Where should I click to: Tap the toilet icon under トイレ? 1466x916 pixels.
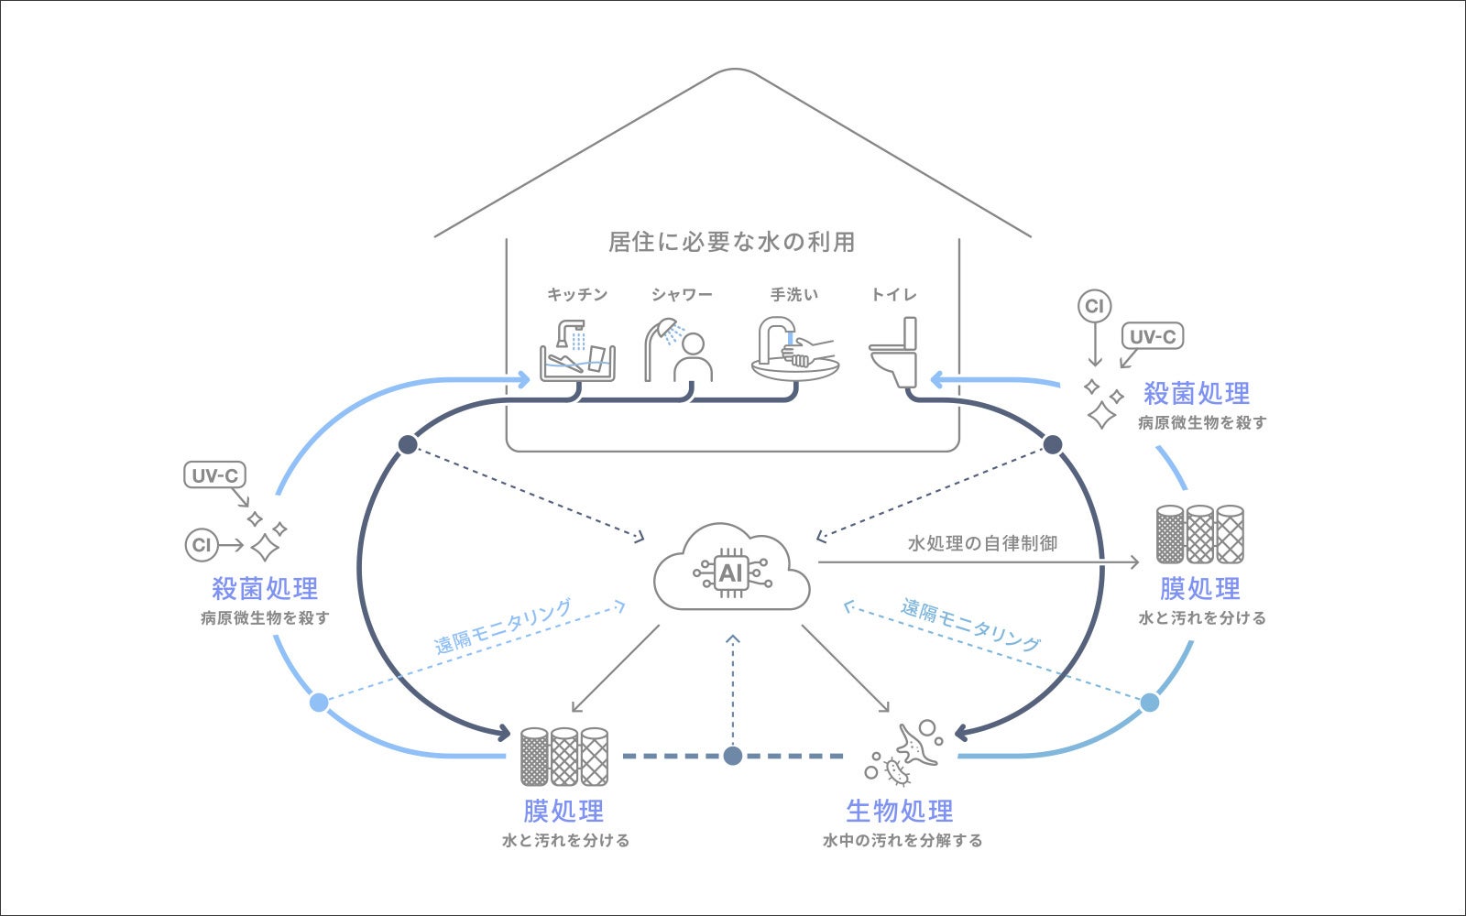[894, 352]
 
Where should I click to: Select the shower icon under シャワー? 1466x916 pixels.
[679, 350]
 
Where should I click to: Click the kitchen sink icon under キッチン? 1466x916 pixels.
[577, 351]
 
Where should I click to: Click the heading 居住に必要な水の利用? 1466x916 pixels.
[732, 242]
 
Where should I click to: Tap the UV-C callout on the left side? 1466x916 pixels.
[215, 475]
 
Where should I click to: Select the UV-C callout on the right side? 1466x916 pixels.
[1152, 336]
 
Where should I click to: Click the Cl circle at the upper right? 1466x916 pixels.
[1094, 306]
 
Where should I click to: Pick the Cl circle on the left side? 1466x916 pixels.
[201, 545]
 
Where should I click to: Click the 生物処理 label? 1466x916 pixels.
[900, 811]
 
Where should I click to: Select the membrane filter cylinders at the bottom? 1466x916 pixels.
[564, 757]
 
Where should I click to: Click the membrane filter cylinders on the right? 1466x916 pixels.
[1199, 534]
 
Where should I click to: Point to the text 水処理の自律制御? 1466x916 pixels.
[982, 543]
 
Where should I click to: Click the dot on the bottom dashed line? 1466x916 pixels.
[732, 756]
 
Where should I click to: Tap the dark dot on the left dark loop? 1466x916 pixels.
[408, 444]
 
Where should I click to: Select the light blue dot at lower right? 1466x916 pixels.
[1150, 703]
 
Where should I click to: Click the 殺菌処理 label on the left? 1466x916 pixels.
[265, 588]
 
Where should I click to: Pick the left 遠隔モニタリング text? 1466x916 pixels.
[502, 626]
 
